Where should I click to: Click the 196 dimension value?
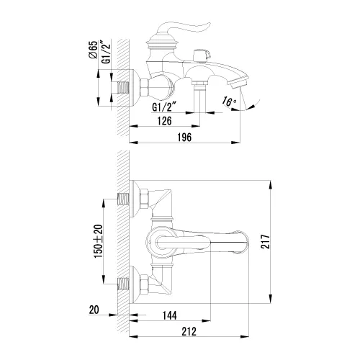184,138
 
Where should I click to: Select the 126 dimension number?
165,121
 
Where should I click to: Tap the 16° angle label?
229,101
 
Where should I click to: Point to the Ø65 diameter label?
93,50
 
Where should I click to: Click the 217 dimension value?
265,242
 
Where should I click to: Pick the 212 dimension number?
189,331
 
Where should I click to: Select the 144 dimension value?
170,315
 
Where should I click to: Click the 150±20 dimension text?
98,241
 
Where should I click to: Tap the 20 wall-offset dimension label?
94,310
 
